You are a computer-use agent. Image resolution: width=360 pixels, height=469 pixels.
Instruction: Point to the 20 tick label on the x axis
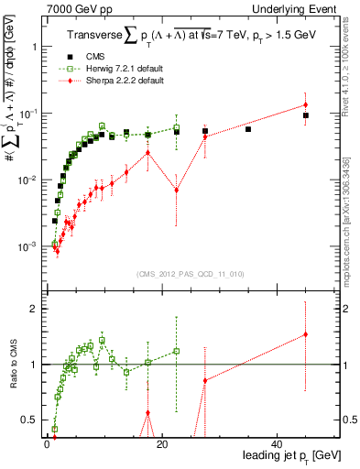(161, 444)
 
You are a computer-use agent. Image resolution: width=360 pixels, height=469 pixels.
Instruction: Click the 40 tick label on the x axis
(277, 444)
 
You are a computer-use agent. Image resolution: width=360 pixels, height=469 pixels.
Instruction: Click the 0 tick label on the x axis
(47, 444)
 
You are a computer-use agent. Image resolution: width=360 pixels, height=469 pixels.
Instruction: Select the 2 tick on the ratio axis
(35, 309)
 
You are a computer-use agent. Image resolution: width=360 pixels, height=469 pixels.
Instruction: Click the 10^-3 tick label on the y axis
(27, 246)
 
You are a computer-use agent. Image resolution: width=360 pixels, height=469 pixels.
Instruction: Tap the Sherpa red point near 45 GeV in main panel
(305, 104)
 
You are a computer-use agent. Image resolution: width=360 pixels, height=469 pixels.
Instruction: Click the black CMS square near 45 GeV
(305, 115)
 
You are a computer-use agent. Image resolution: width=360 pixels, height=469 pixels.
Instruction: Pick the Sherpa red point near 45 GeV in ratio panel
(305, 334)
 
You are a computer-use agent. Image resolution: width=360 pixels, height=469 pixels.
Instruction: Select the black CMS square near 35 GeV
(248, 129)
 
